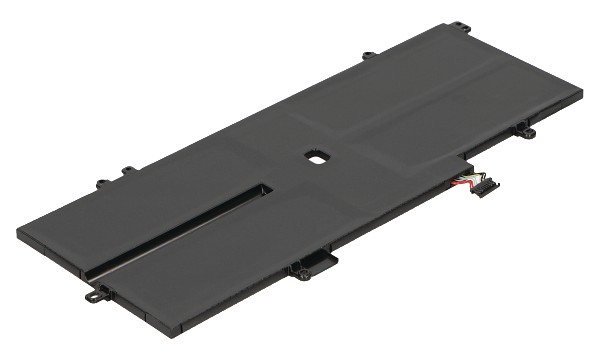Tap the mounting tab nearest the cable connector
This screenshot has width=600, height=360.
[x=525, y=131]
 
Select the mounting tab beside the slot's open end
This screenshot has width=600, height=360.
[x=97, y=293]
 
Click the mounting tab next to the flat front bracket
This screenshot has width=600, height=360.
[x=298, y=269]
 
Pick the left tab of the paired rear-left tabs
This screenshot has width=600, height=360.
[x=102, y=184]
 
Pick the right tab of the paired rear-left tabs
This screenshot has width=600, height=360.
[x=127, y=172]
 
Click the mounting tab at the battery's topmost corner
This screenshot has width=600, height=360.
[x=461, y=26]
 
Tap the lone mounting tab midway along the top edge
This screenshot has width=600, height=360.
[x=369, y=55]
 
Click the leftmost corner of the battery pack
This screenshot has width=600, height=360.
[x=18, y=232]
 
